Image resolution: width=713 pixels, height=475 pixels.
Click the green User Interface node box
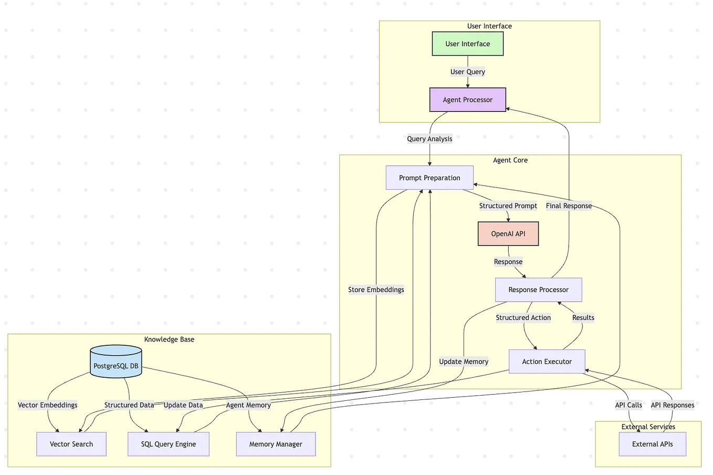click(467, 44)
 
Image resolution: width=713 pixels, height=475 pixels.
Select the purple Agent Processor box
click(467, 100)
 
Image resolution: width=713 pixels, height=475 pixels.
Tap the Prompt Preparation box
click(429, 178)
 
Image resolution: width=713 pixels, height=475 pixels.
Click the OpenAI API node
click(508, 234)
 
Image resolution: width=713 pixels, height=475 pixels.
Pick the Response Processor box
click(538, 290)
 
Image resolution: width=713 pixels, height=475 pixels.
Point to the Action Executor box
click(547, 362)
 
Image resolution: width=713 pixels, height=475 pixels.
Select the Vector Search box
click(71, 444)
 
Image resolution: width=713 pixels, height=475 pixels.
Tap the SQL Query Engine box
click(169, 444)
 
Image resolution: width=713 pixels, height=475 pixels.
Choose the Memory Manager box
click(276, 444)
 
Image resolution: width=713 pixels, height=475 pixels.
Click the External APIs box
click(652, 444)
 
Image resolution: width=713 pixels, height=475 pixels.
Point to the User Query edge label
click(467, 72)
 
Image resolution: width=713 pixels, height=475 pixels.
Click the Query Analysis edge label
click(429, 139)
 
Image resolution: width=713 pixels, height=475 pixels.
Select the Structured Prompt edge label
click(508, 206)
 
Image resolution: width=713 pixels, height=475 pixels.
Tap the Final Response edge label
click(569, 206)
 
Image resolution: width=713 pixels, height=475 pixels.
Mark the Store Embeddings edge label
click(376, 290)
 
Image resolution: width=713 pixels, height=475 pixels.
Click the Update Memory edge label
click(464, 362)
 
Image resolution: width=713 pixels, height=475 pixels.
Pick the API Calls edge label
click(628, 405)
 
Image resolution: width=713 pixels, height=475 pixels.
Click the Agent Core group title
click(510, 160)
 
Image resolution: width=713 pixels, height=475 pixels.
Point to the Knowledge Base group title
click(169, 339)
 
